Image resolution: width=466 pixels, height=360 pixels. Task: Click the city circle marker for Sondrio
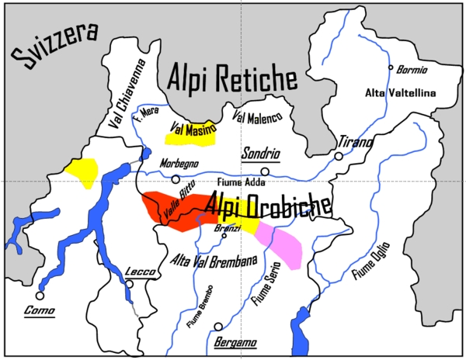click(x=266, y=171)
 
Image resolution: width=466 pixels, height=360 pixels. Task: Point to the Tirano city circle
click(x=339, y=156)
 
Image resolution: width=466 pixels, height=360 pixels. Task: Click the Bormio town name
click(x=412, y=69)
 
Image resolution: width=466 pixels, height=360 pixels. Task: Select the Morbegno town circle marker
click(x=176, y=178)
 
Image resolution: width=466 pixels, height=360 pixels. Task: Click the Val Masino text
click(x=190, y=129)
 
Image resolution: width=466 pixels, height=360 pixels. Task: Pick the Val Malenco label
click(x=257, y=116)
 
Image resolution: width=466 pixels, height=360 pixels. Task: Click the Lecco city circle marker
click(x=130, y=285)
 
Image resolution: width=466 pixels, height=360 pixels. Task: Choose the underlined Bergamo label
click(x=234, y=342)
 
